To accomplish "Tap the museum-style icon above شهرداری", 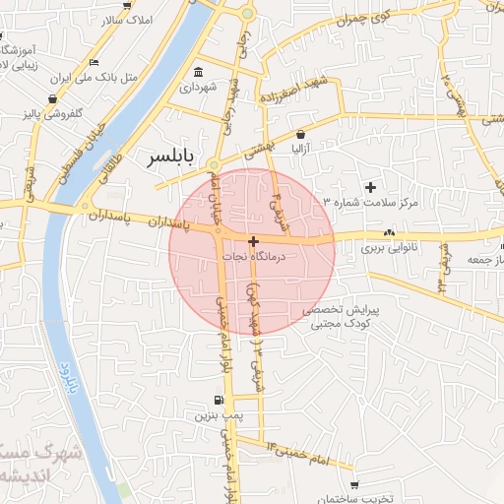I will click(199, 73).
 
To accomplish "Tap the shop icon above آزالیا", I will click(300, 134).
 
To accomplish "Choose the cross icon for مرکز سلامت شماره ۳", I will click(371, 187).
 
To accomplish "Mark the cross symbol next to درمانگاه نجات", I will click(254, 241).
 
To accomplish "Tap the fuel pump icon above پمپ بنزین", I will click(217, 401).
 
